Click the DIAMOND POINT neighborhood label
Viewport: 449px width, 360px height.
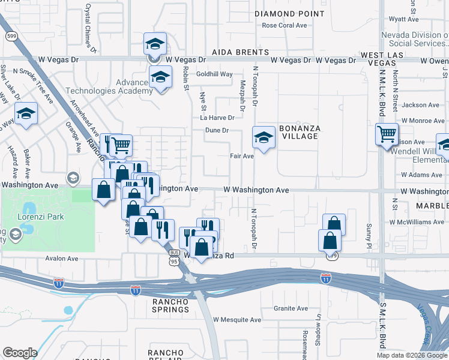(282, 14)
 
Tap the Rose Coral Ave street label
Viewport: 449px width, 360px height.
(285, 25)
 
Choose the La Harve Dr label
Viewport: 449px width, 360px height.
(217, 118)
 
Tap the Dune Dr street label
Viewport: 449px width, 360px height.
(218, 130)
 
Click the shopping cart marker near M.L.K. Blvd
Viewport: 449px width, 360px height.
(387, 134)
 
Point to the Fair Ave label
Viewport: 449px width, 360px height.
(243, 156)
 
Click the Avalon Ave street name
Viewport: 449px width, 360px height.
(62, 259)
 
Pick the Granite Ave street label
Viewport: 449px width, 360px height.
(291, 308)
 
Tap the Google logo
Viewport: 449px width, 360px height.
(20, 353)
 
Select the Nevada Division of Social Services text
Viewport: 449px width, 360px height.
(415, 39)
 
